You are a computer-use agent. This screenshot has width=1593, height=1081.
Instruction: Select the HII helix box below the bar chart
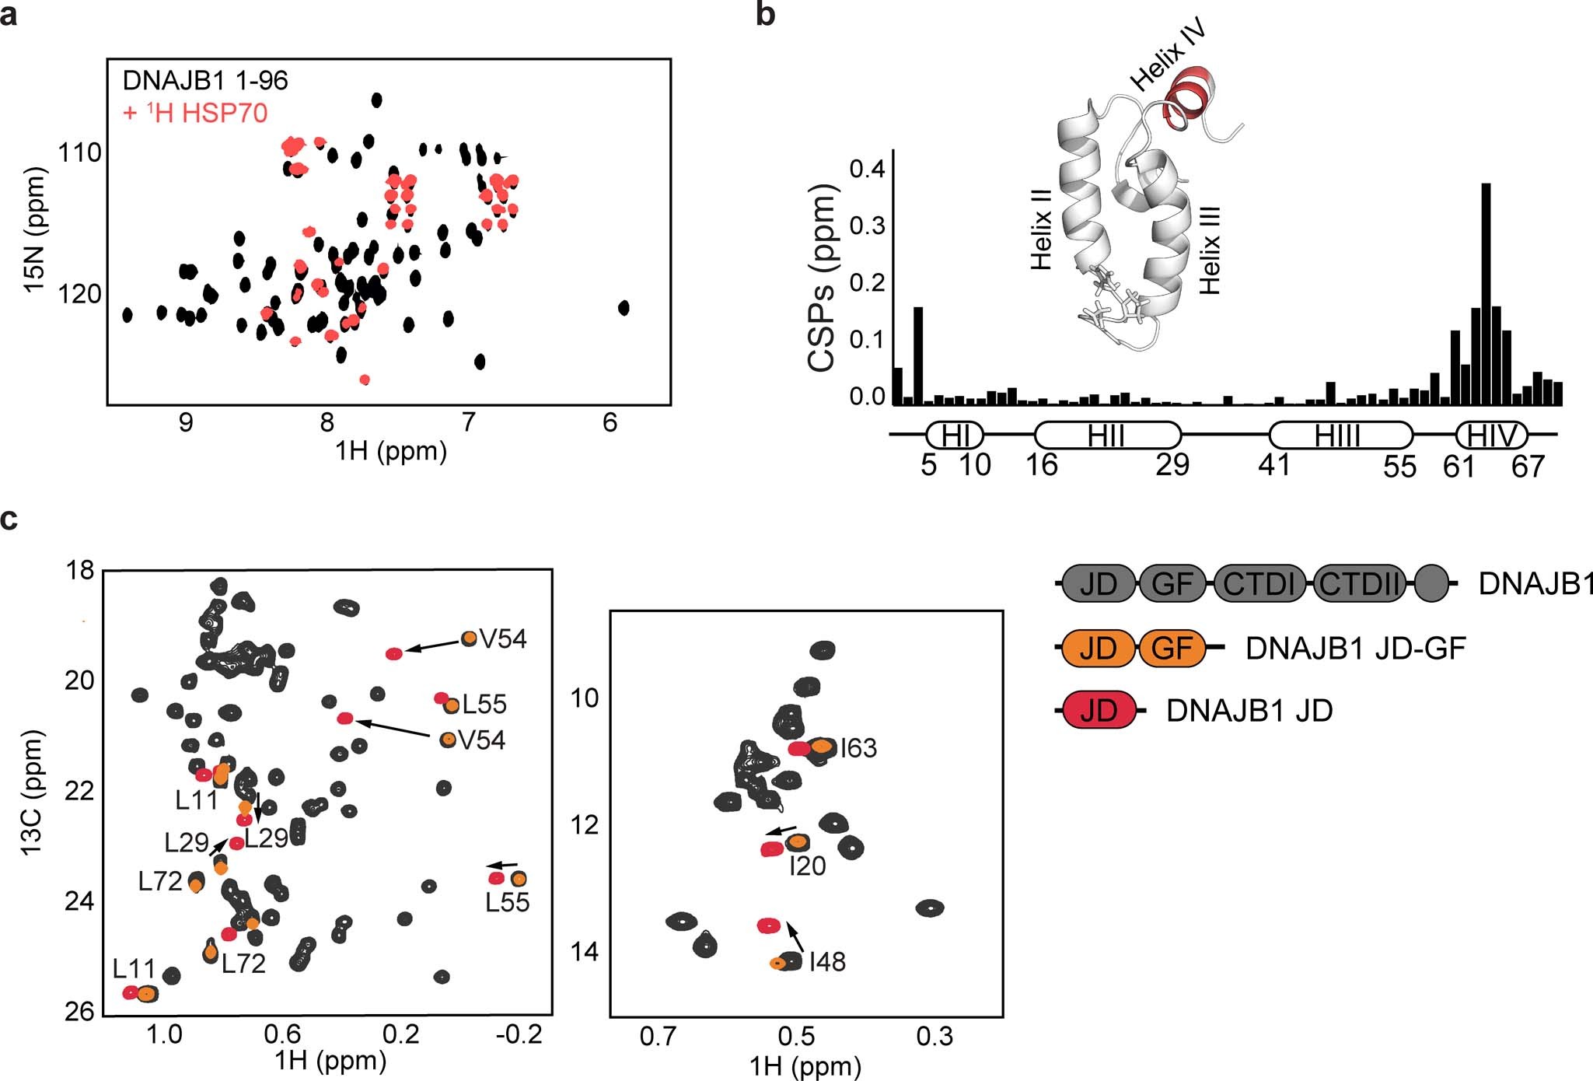[x=1107, y=436]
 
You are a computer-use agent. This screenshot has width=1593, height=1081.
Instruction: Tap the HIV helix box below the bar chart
[x=1491, y=436]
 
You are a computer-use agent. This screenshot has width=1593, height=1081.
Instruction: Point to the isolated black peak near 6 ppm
[x=624, y=308]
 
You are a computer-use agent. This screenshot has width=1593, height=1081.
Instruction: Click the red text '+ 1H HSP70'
[x=195, y=114]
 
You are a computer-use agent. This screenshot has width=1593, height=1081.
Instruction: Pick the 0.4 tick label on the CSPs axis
[x=867, y=169]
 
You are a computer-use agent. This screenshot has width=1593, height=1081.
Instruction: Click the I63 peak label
[x=858, y=748]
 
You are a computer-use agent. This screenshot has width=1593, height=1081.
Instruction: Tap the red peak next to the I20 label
[x=771, y=849]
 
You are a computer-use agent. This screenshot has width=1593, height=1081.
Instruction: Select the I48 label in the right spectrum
[x=827, y=962]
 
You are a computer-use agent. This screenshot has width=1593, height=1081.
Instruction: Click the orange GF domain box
[x=1172, y=648]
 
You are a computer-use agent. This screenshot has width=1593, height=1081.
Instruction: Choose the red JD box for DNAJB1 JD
[x=1099, y=710]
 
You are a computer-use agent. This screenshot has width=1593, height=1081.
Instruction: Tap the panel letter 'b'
[x=765, y=14]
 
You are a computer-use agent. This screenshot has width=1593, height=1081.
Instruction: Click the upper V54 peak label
[x=503, y=639]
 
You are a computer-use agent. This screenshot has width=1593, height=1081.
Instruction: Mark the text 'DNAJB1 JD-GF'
[x=1355, y=648]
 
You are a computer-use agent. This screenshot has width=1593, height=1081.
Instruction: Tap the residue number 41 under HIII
[x=1274, y=465]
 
